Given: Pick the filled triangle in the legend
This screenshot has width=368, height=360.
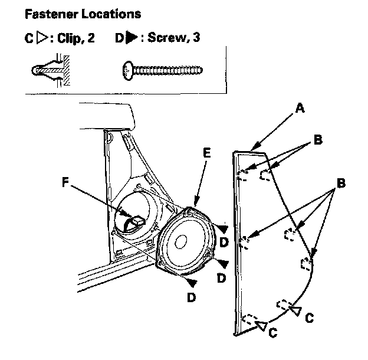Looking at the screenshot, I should pos(133,40).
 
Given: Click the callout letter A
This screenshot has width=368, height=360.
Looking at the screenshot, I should pos(300,108).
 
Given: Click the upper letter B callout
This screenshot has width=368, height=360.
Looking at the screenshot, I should pos(317,140).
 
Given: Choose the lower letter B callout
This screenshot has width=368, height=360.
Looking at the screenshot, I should pos(340,184).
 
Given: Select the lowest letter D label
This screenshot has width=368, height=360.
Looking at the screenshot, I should pos(191,297).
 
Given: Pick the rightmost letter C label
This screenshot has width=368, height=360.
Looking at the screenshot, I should pos(308,318).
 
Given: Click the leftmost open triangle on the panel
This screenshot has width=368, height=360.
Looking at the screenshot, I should pos(261,323).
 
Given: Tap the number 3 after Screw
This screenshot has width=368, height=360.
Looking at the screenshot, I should pos(198,40).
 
